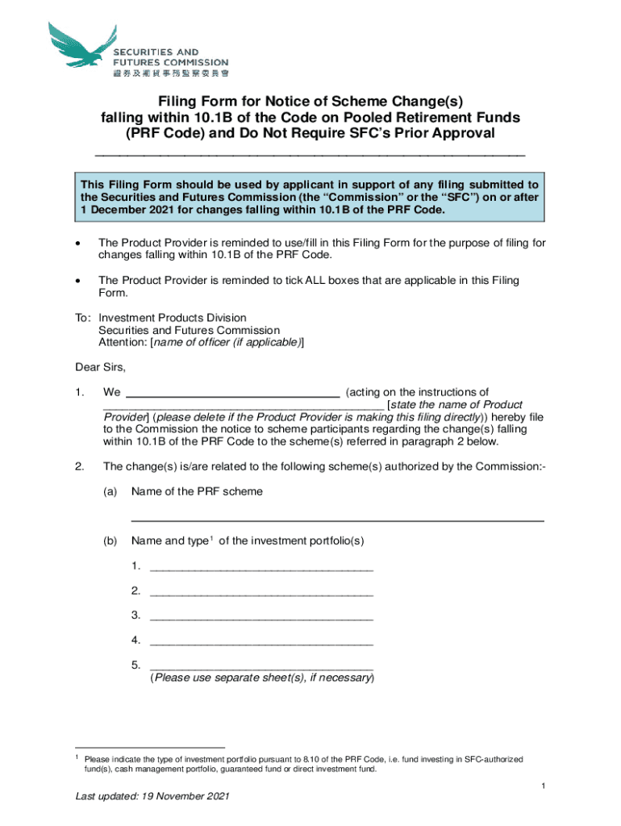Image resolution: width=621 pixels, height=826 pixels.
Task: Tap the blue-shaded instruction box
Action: [310, 197]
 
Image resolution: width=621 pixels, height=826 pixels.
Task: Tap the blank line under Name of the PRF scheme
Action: [337, 519]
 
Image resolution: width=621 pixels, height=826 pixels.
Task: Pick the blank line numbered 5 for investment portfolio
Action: [261, 666]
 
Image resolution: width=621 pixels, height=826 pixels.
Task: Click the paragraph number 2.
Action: [78, 466]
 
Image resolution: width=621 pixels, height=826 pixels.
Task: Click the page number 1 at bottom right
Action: [545, 786]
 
